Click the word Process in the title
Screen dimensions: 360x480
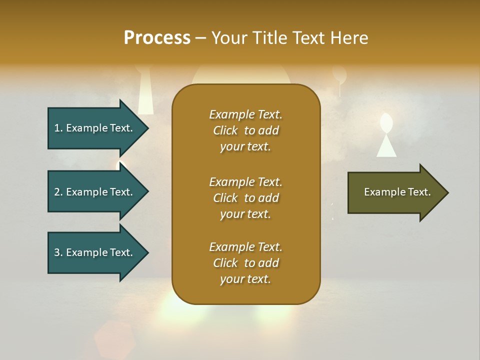click(x=157, y=38)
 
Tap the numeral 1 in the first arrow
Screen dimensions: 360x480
click(x=57, y=128)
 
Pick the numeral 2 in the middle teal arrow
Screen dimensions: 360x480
click(x=57, y=192)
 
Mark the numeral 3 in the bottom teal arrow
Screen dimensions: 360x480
click(x=57, y=252)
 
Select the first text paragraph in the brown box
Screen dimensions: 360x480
click(x=245, y=130)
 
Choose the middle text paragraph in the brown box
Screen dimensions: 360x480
click(x=245, y=198)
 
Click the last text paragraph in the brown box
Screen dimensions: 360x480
click(x=245, y=263)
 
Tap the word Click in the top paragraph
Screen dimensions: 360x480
click(x=225, y=131)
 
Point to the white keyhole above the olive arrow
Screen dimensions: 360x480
click(x=385, y=135)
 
